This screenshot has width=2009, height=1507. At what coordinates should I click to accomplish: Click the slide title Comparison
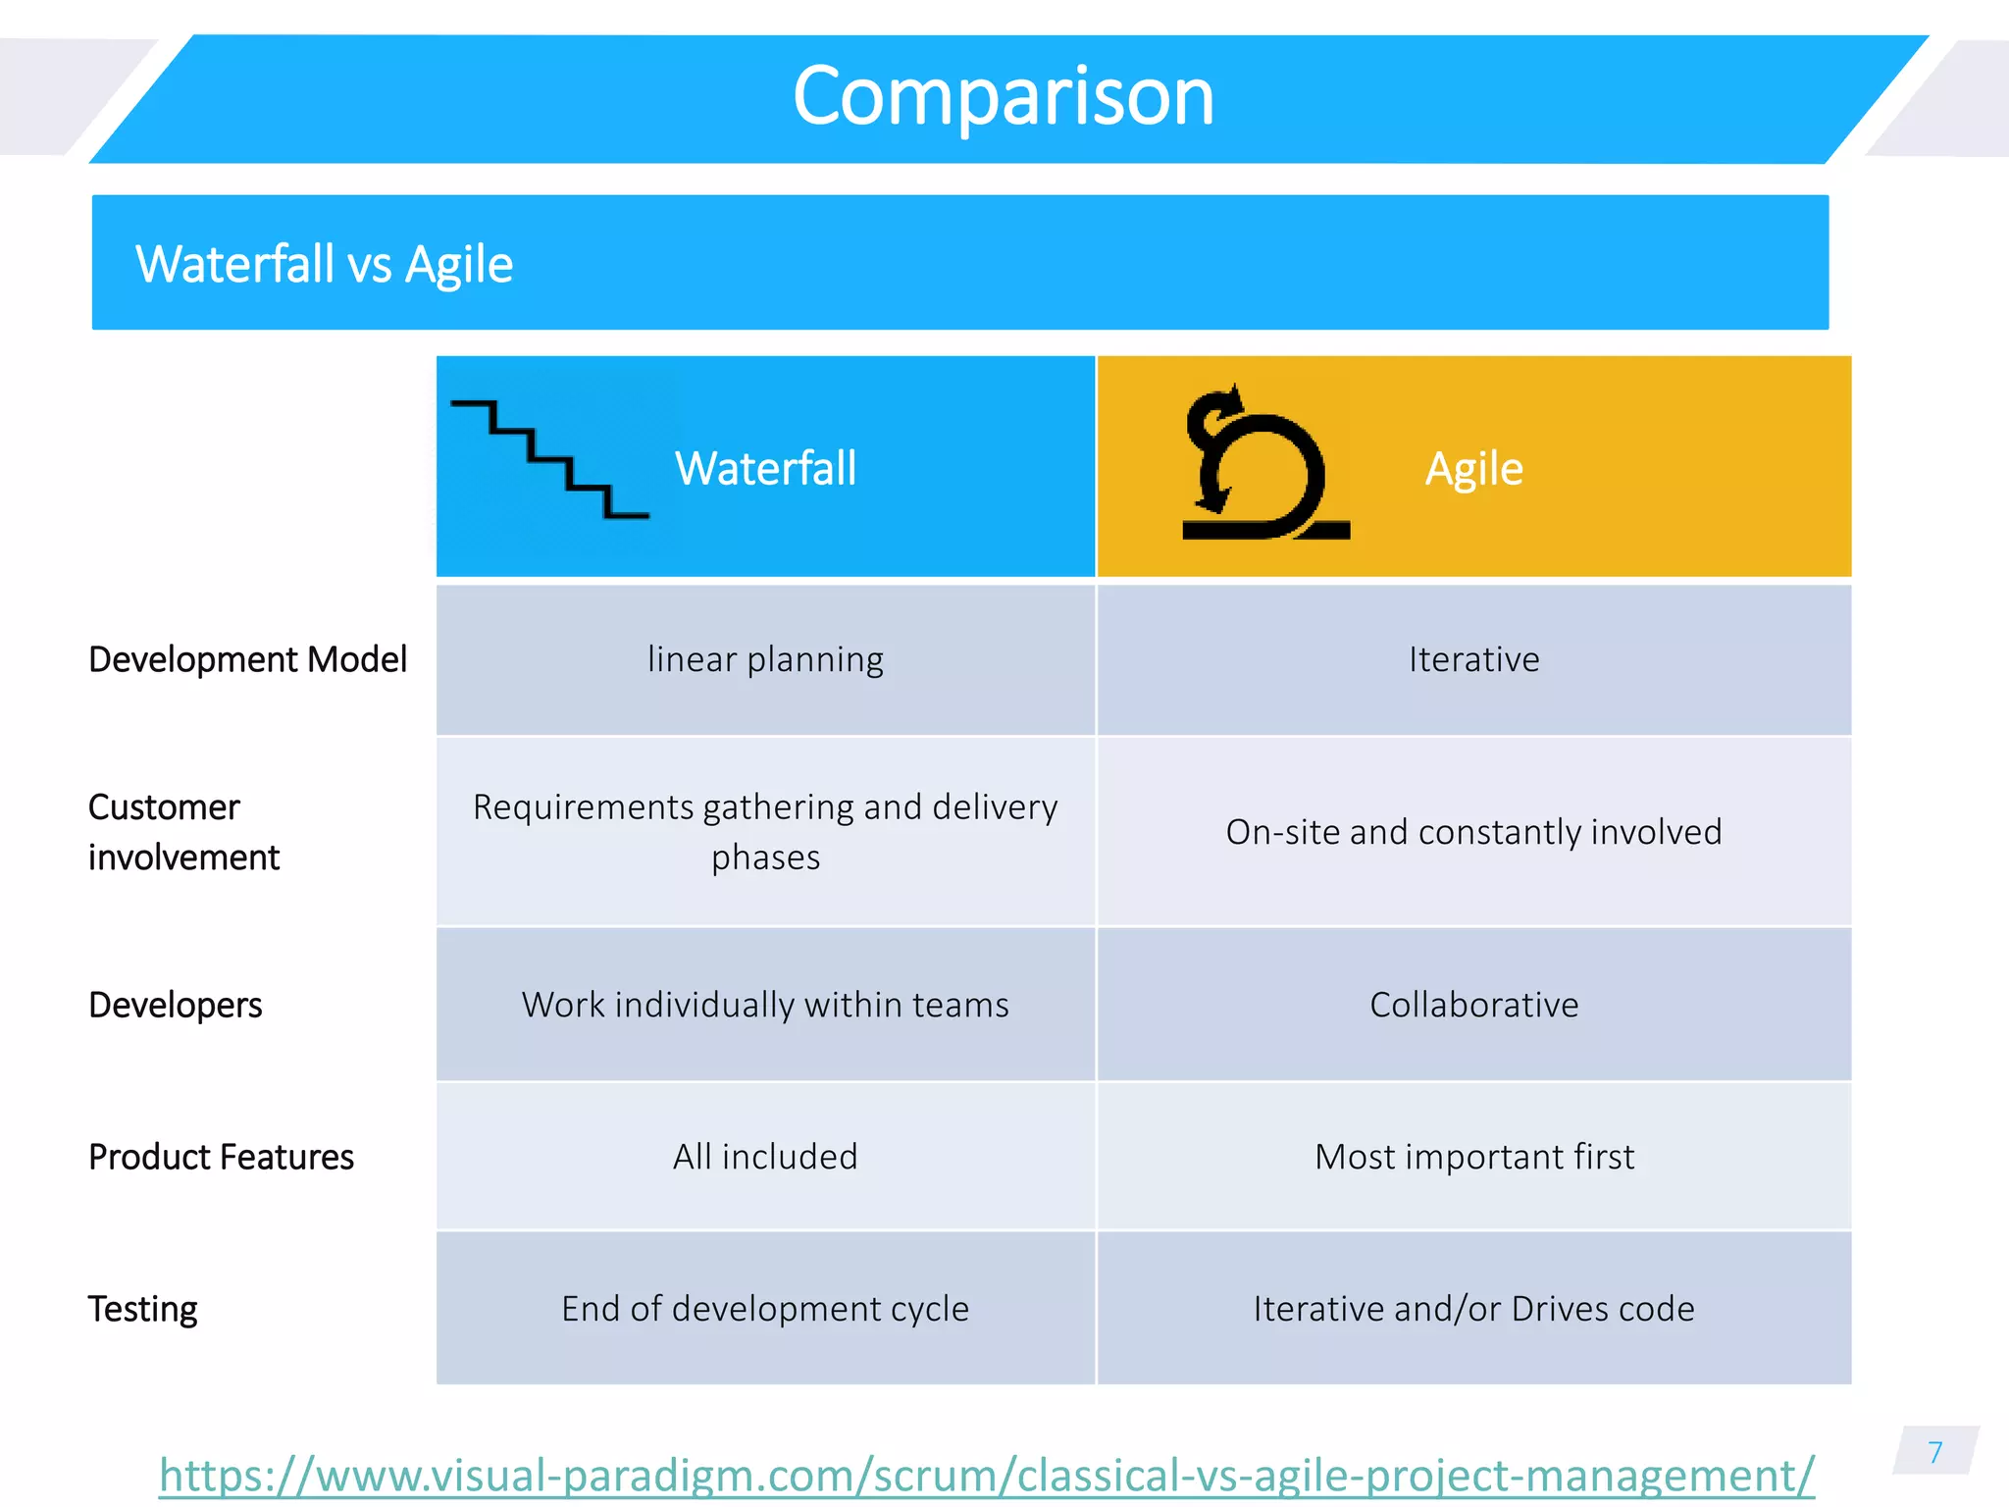1003,96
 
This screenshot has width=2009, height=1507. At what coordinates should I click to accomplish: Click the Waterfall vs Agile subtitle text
324,264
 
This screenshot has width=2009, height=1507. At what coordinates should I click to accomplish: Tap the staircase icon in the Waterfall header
549,459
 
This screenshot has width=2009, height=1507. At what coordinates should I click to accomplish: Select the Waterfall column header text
765,468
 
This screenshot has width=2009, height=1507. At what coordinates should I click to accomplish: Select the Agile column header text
1473,468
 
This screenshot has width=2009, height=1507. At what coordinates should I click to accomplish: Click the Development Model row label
247,659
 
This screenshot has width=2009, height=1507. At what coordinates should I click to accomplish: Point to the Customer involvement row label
183,832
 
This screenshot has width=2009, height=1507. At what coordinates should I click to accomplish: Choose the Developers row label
176,1005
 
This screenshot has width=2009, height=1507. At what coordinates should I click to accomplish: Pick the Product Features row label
221,1157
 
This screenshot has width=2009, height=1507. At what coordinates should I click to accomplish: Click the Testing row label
143,1309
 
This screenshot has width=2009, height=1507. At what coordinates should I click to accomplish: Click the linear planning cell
765,659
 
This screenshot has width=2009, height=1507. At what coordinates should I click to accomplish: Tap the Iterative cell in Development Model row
1473,659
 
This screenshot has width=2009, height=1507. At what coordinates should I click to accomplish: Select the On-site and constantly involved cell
1473,832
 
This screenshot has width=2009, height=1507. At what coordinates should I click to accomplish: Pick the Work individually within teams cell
765,1005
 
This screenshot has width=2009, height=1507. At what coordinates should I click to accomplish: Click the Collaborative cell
1473,1005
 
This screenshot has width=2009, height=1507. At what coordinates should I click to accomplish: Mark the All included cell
765,1157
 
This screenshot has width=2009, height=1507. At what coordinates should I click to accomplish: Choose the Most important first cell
1473,1157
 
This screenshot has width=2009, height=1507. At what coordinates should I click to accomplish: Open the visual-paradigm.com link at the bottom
986,1475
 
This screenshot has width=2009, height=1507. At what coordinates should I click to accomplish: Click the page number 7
1934,1452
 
